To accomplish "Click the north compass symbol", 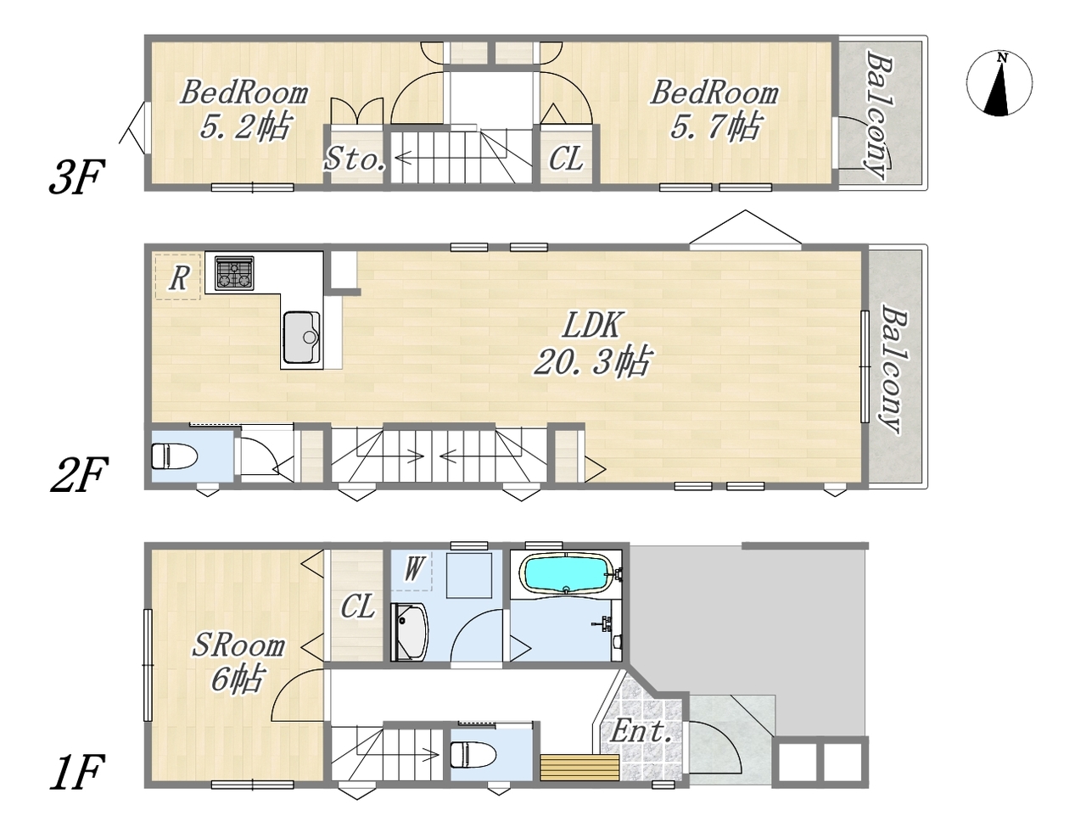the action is point(999,83).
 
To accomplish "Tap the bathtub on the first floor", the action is point(566,574).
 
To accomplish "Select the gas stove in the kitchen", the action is point(234,272).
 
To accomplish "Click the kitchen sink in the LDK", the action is point(301,337).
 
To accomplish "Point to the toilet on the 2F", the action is point(175,456).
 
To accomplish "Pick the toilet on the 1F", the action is point(473,754).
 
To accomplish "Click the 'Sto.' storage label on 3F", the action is point(355,159).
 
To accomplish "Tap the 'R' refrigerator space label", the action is point(179,277).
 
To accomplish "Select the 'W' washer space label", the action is point(414,568).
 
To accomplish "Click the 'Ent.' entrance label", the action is point(641,731).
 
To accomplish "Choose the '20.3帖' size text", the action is point(593,360).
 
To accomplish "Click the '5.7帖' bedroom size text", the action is point(715,126).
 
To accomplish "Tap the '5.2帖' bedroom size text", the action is point(245,126).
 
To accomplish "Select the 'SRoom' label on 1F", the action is point(238,645).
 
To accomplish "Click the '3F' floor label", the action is point(77,176).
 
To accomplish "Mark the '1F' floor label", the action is point(77,773).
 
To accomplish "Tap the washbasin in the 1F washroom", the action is point(409,632).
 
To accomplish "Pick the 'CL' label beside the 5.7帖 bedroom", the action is point(566,159).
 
